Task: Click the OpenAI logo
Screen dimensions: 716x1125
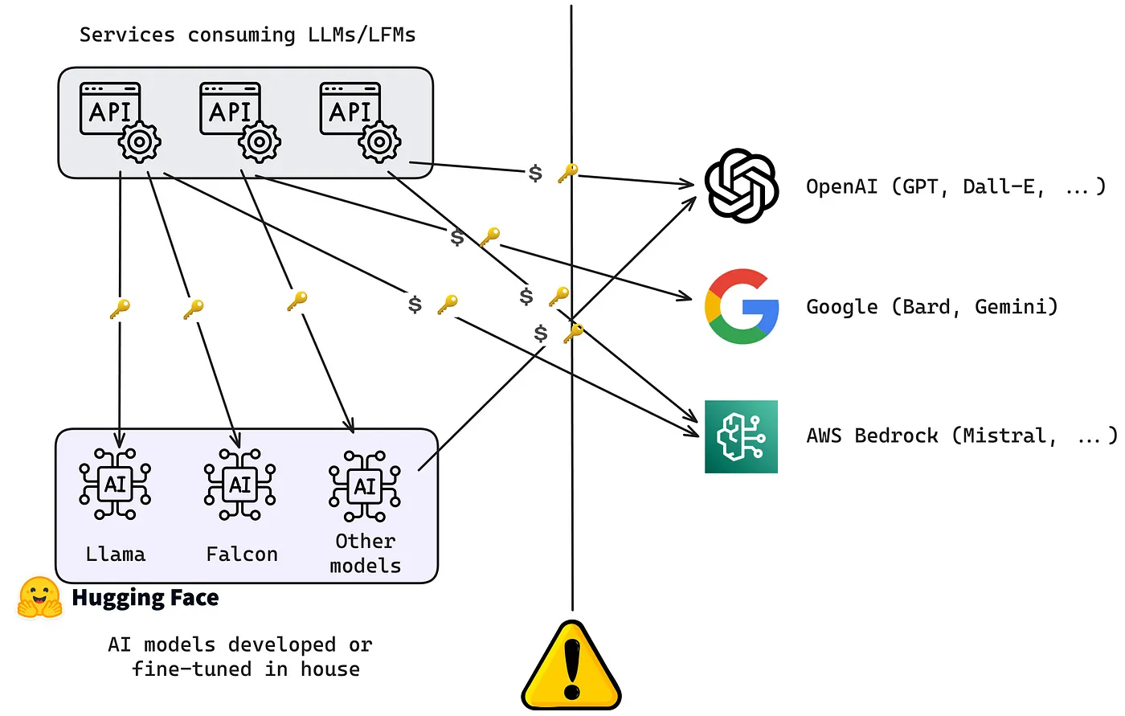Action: [x=741, y=186]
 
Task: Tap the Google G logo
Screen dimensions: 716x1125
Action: [x=741, y=306]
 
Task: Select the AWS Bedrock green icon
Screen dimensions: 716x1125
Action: [x=741, y=436]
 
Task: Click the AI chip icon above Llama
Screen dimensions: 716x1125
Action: [x=115, y=484]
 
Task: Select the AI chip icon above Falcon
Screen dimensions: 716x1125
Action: [x=239, y=484]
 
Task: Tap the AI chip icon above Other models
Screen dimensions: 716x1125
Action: [x=365, y=485]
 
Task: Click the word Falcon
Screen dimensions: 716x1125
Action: [x=241, y=554]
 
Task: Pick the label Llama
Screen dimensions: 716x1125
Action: [x=115, y=554]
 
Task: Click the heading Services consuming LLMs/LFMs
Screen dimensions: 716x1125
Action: [x=247, y=35]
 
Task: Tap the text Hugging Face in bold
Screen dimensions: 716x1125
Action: [x=145, y=598]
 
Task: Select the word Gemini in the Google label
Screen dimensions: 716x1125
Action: [x=1016, y=306]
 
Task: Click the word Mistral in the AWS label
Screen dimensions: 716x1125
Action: [x=1009, y=436]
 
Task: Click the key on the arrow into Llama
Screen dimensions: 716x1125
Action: [x=120, y=309]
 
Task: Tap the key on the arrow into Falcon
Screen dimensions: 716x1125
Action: [x=193, y=309]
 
